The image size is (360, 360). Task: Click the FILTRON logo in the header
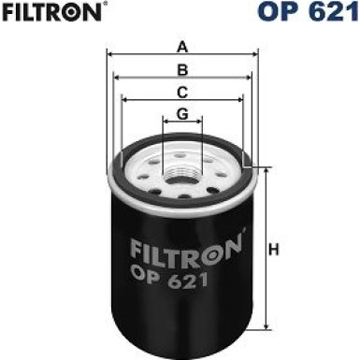51,11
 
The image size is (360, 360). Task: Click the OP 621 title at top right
309,11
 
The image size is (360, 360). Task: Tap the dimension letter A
182,48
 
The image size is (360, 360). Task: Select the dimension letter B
182,70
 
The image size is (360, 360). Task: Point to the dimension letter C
182,93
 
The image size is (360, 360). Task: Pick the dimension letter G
182,114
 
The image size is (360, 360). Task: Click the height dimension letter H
273,250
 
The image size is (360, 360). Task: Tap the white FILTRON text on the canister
186,251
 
